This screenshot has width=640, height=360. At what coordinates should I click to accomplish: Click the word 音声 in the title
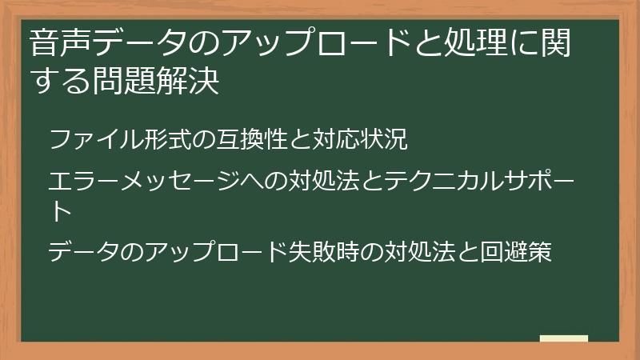[57, 43]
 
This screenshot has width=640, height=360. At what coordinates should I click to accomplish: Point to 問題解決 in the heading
[166, 82]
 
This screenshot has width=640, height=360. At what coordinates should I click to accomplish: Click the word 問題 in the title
[138, 82]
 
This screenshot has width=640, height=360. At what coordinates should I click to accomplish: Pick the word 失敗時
[324, 253]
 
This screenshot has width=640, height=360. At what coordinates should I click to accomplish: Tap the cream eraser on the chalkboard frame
[563, 338]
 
